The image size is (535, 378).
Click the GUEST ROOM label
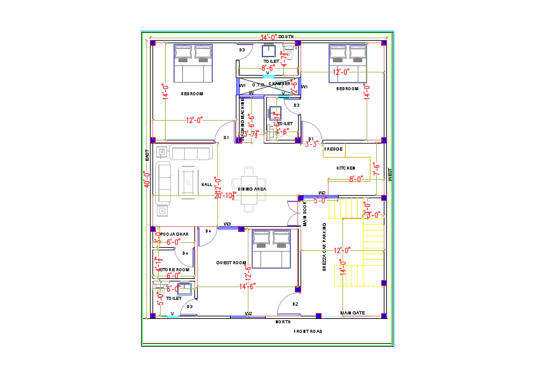231,262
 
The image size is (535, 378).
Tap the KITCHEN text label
346,167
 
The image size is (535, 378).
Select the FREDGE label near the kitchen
334,149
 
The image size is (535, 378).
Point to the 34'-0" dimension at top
268,37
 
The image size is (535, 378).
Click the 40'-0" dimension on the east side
147,180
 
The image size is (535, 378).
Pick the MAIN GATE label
352,313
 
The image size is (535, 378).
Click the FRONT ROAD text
308,331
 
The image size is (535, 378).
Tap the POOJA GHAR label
175,234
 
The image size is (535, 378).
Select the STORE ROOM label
175,269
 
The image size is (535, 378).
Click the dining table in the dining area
252,189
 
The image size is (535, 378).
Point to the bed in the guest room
271,249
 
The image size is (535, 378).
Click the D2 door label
295,304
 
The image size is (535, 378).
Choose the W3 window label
227,224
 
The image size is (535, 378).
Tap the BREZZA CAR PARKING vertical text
324,248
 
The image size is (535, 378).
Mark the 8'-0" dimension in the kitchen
356,179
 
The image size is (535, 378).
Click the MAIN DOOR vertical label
305,215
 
